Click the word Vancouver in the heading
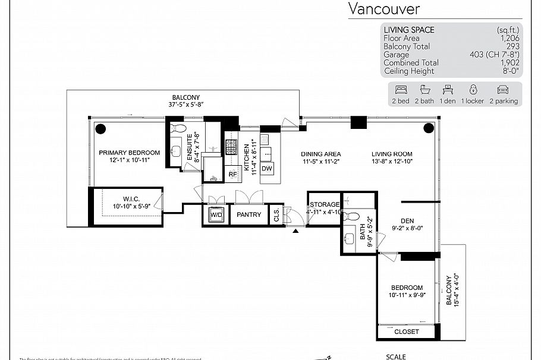point(383,8)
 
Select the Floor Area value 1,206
point(509,38)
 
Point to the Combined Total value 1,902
point(509,62)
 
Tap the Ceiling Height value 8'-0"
point(509,71)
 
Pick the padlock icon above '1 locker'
point(473,90)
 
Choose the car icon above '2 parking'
point(502,90)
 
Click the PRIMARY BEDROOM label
point(129,153)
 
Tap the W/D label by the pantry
point(216,214)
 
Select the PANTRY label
point(249,214)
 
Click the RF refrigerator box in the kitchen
point(233,174)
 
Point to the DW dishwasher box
point(267,169)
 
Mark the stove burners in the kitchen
point(231,147)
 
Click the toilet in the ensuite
point(178,128)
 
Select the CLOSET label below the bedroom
point(407,331)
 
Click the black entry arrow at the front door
point(295,231)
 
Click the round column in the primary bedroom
point(100,127)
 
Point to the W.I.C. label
point(131,198)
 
